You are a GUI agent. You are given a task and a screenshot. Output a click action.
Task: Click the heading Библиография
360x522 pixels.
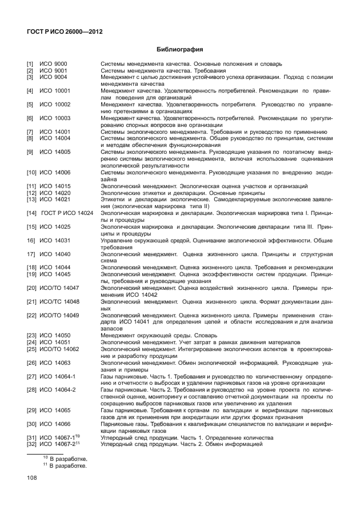tap(180, 49)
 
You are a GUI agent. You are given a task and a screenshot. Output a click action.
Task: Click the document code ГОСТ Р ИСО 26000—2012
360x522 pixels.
tap(65, 31)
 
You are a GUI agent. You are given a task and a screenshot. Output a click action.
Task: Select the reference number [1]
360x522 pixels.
tap(30, 63)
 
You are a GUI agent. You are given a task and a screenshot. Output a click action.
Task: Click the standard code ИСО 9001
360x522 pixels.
tap(53, 70)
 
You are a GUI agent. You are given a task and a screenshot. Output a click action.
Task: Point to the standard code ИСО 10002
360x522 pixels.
tap(55, 105)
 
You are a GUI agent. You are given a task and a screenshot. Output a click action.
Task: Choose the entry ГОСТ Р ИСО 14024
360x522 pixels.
tap(67, 213)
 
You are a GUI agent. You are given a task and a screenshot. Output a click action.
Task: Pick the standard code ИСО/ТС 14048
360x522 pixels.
tap(59, 301)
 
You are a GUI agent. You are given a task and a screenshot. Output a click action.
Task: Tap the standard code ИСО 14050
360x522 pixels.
tap(55, 335)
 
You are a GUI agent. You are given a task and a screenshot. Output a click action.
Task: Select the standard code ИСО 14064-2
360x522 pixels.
tap(58, 389)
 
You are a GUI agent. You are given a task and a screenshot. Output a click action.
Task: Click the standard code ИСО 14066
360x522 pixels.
tap(55, 424)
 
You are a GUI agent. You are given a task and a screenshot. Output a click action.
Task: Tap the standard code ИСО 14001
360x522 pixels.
tap(55, 132)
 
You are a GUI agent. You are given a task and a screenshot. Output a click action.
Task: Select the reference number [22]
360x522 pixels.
tap(31, 314)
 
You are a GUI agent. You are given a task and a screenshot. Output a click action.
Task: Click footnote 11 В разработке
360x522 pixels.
tap(65, 466)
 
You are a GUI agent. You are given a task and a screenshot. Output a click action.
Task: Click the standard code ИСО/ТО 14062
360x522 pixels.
tap(59, 348)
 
